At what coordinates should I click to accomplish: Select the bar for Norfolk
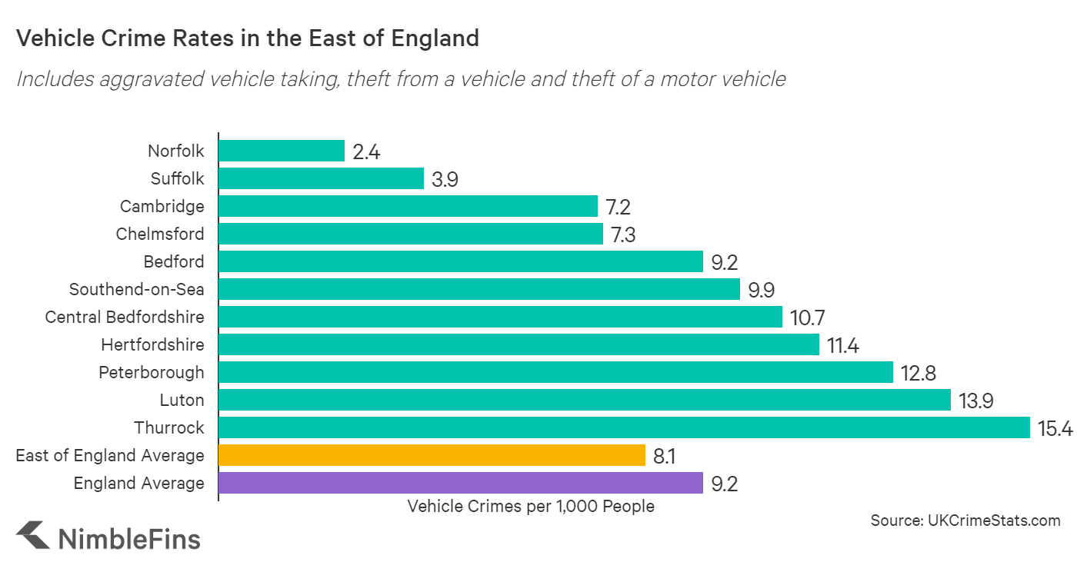click(282, 151)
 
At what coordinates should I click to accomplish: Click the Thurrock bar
click(624, 427)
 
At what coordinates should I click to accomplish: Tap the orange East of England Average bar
click(432, 455)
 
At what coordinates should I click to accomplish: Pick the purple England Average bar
click(461, 483)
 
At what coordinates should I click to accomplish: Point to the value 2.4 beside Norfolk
click(366, 151)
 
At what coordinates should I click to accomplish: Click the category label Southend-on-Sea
click(137, 289)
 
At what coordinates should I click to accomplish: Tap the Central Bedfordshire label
click(125, 317)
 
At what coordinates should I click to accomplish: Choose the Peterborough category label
click(152, 372)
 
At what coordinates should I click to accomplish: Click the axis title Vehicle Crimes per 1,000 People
click(531, 506)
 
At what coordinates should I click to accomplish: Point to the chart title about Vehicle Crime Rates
click(248, 38)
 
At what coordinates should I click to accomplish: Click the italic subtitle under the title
click(401, 78)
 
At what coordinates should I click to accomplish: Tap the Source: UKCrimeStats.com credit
click(965, 520)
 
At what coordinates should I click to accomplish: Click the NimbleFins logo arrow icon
click(32, 536)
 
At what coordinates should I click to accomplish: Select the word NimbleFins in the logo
click(129, 537)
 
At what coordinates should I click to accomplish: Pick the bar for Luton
click(585, 400)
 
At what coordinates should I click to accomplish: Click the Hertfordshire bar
click(518, 344)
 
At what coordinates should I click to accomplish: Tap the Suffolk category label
click(178, 178)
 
